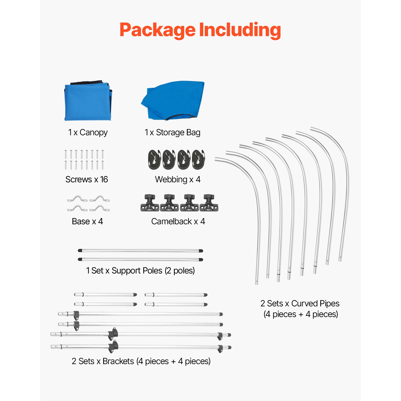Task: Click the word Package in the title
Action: pos(158,30)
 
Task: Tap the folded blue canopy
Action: pos(88,102)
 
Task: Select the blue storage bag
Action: pos(174,100)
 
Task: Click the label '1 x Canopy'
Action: pos(88,132)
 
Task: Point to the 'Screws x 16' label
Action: pos(87,179)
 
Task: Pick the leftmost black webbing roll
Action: pos(154,160)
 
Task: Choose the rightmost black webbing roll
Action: pos(198,160)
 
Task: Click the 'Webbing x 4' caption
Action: pos(178,179)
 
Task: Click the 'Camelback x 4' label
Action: pos(178,221)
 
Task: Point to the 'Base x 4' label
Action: pos(87,221)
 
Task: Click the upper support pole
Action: pos(140,251)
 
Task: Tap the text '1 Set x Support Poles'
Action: pos(124,271)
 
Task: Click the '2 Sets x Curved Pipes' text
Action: pos(300,304)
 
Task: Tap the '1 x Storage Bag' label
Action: pos(172,132)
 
